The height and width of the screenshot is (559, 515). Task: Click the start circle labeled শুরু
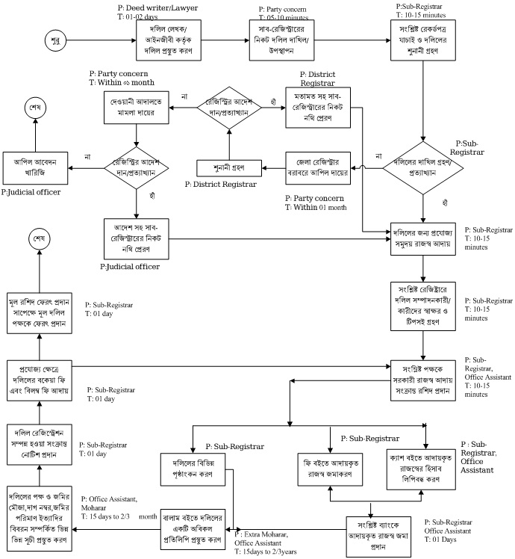tap(54, 37)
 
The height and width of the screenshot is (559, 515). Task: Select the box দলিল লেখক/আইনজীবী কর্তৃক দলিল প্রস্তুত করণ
tap(168, 38)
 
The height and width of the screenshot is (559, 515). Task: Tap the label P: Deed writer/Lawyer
tap(154, 7)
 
